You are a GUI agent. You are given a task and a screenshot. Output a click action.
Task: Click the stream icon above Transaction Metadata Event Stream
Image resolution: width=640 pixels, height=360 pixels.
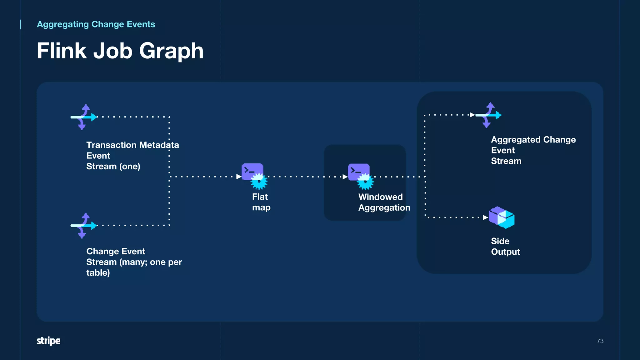tap(84, 117)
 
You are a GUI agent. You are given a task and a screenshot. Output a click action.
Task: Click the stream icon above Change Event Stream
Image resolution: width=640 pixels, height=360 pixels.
tap(84, 226)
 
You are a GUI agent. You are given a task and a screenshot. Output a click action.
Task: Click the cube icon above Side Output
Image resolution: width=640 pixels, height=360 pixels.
tap(501, 217)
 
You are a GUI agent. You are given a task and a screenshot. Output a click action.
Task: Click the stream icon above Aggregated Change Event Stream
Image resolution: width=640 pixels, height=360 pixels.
tap(488, 115)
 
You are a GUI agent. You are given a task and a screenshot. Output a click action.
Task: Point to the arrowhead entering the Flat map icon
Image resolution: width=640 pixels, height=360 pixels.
tap(239, 177)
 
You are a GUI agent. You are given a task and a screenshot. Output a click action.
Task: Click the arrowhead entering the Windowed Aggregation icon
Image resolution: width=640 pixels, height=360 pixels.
tap(345, 177)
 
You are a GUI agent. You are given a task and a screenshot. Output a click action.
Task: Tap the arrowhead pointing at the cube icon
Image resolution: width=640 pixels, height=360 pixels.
tap(485, 217)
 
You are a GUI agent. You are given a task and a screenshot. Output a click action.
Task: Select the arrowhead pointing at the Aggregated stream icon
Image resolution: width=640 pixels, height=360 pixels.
tap(472, 115)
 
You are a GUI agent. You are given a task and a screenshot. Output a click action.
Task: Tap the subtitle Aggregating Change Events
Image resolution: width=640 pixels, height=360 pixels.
tap(96, 24)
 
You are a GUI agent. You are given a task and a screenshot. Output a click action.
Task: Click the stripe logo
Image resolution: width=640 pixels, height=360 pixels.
tap(49, 341)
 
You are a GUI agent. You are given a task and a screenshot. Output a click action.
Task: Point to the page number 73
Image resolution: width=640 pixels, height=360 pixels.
tap(600, 341)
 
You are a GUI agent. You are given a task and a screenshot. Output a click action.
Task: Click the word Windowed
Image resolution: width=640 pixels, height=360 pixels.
tap(380, 197)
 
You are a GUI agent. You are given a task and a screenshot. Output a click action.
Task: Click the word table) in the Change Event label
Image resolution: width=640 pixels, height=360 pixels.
tap(98, 273)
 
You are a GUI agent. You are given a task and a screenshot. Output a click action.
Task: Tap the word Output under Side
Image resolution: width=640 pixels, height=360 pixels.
tap(505, 252)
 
